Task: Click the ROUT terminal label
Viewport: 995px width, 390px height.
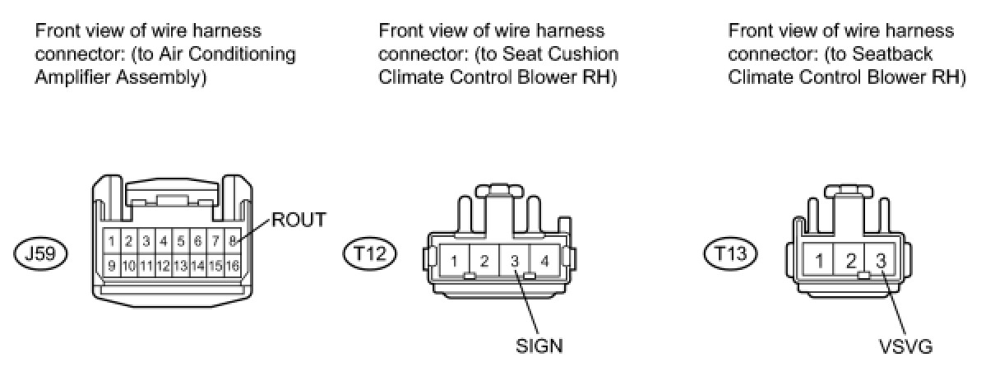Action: click(x=300, y=220)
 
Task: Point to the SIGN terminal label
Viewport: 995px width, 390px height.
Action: click(x=539, y=346)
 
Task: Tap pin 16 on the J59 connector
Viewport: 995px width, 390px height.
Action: click(x=233, y=266)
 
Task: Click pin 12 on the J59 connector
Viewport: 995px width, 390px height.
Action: click(x=163, y=266)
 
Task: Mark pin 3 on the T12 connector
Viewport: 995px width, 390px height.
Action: click(x=515, y=262)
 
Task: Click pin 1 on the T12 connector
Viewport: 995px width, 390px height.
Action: click(x=454, y=262)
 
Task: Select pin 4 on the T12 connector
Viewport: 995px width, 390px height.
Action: click(x=545, y=262)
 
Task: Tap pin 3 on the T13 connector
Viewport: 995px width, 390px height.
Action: click(x=881, y=262)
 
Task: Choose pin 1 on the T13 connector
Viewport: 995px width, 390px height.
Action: click(x=819, y=262)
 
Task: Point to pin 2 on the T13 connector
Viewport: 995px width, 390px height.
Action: click(x=850, y=262)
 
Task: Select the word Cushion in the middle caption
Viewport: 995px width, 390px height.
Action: click(x=587, y=55)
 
